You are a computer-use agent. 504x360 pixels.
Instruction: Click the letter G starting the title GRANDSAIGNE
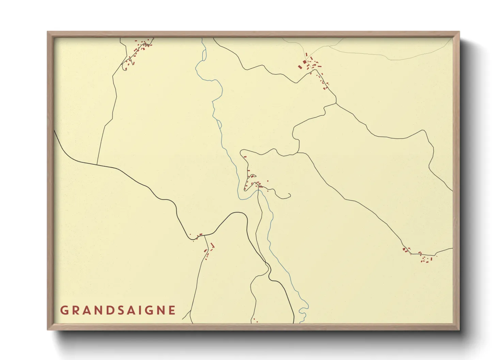click(64, 310)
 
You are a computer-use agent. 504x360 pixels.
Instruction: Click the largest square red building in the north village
click(304, 62)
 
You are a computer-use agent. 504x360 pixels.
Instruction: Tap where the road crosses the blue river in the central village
click(258, 190)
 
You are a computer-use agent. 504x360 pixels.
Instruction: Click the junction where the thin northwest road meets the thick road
click(97, 165)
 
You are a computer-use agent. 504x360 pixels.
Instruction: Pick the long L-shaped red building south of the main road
click(213, 246)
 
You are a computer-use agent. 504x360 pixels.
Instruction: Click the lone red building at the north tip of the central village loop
click(245, 157)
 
